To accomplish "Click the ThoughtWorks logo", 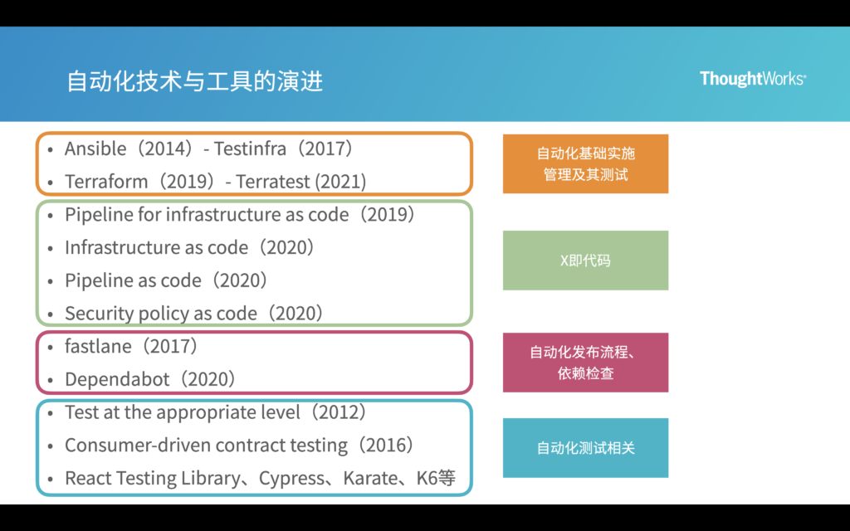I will coord(753,79).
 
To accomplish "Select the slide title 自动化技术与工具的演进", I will coord(195,81).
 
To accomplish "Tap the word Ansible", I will coord(95,149).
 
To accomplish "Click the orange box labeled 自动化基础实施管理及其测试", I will coord(585,163).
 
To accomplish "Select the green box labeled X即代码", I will coord(585,260).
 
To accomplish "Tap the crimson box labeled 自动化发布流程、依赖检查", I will coord(585,363).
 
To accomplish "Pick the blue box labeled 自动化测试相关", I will coord(585,448).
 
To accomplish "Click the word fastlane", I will coord(96,346).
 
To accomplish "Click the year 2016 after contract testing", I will coord(386,446).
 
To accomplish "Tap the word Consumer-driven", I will coord(137,446).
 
